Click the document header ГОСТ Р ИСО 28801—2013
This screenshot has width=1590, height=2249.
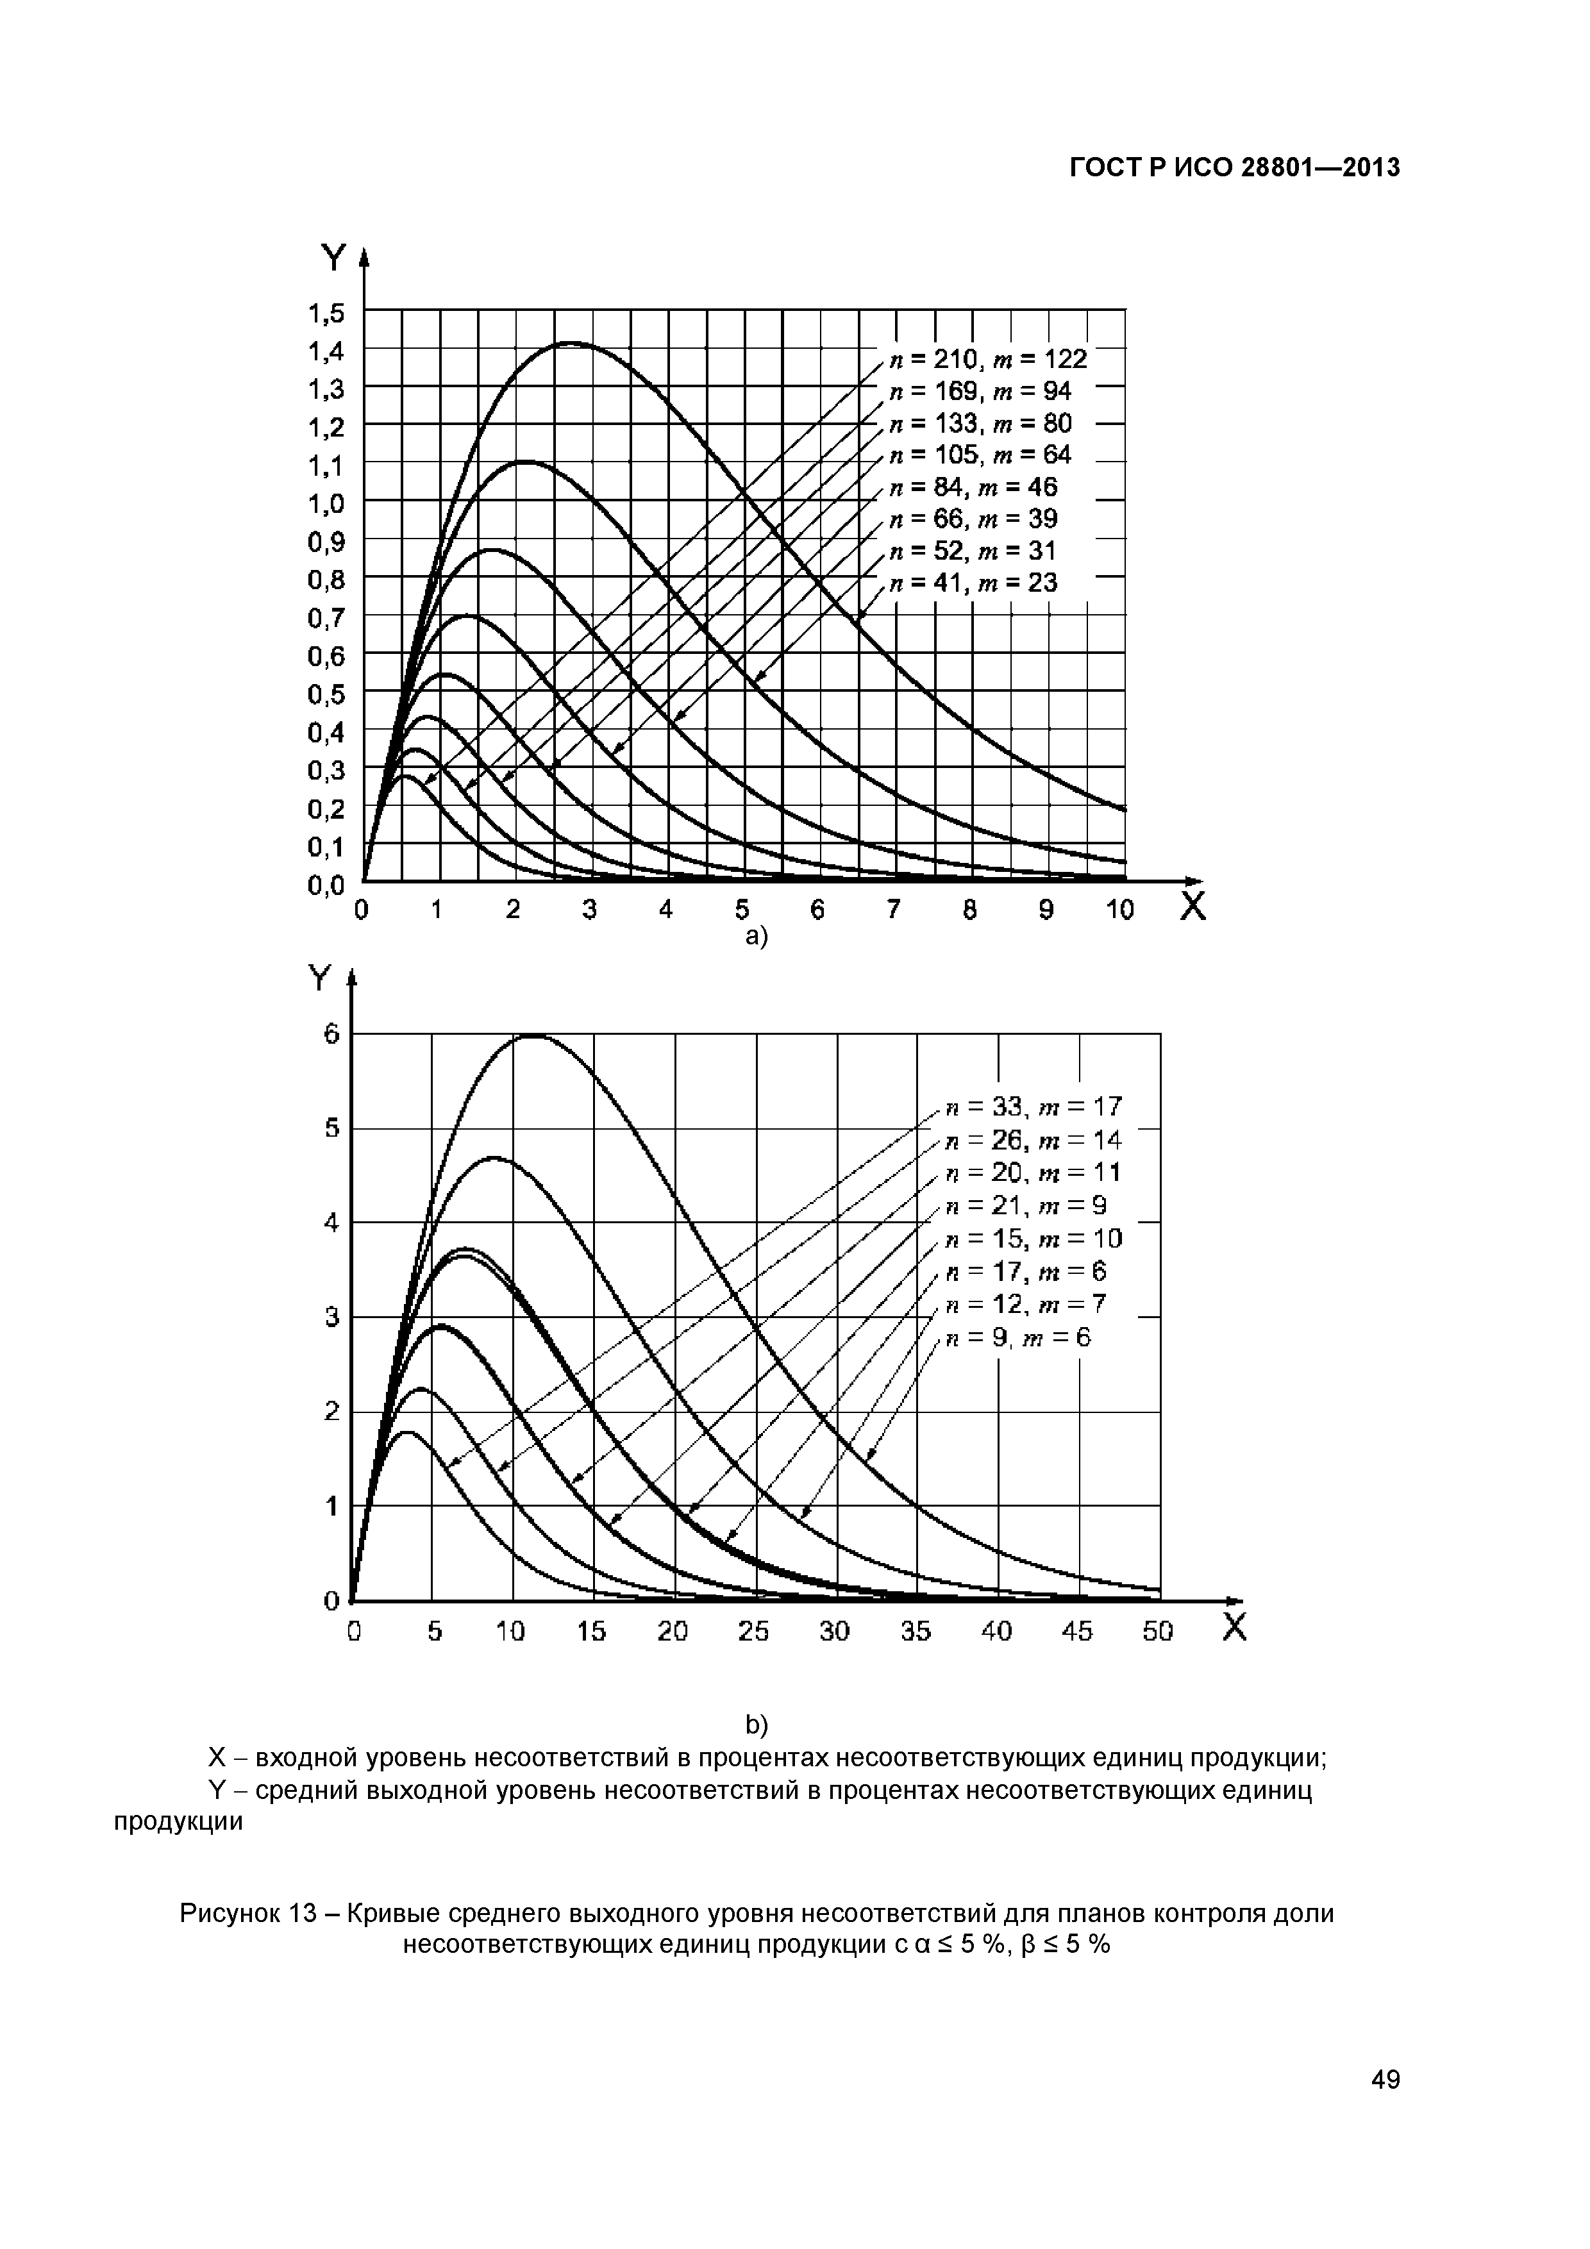tap(1234, 169)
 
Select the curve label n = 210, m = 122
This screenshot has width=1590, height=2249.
tap(987, 360)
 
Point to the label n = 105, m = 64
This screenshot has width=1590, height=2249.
tap(980, 455)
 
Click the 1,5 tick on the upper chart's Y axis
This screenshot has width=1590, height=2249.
tap(326, 314)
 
